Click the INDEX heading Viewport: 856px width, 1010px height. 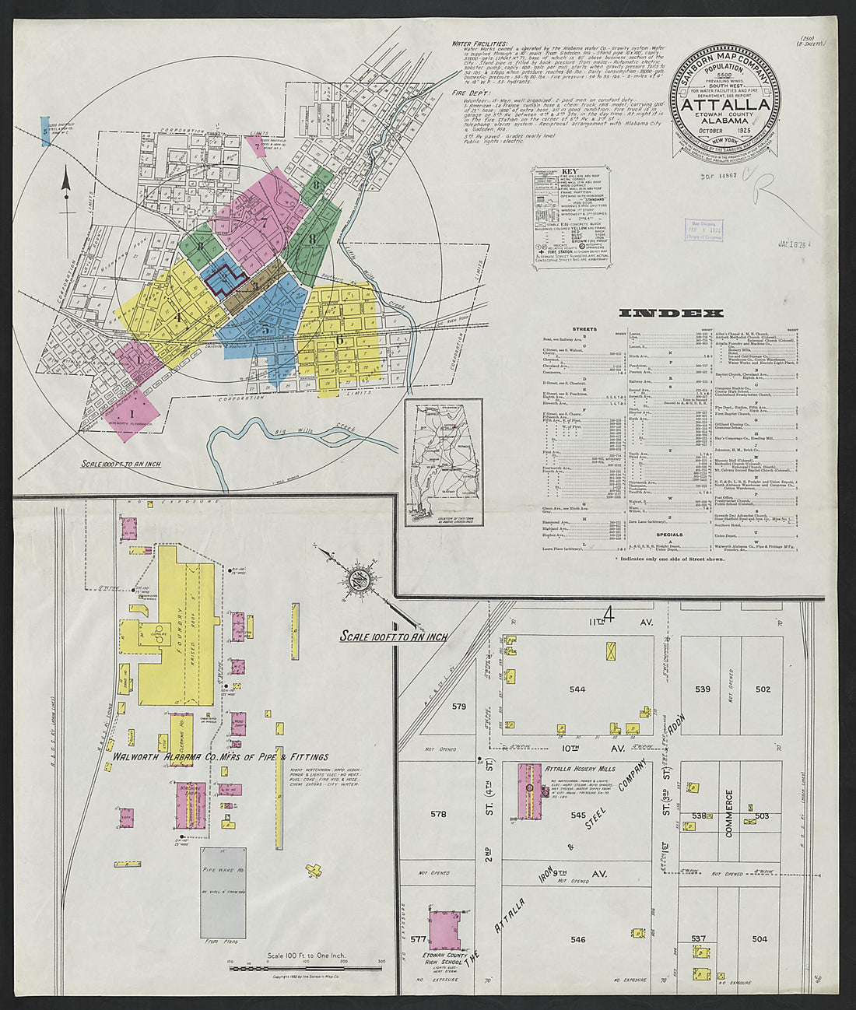click(x=671, y=314)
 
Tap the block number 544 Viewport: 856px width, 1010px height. click(x=577, y=689)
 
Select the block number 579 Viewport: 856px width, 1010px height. click(x=458, y=707)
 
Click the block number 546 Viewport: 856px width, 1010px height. click(x=577, y=939)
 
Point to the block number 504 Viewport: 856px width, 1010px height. click(x=759, y=939)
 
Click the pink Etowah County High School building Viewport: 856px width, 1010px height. click(x=445, y=930)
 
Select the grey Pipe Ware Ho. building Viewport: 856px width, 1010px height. click(x=223, y=893)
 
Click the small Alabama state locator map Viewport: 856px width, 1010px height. click(x=444, y=463)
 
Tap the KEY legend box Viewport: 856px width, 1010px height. click(x=571, y=211)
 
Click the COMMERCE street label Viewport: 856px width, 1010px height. click(x=729, y=813)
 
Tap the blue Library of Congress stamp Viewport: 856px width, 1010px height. click(x=703, y=232)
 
